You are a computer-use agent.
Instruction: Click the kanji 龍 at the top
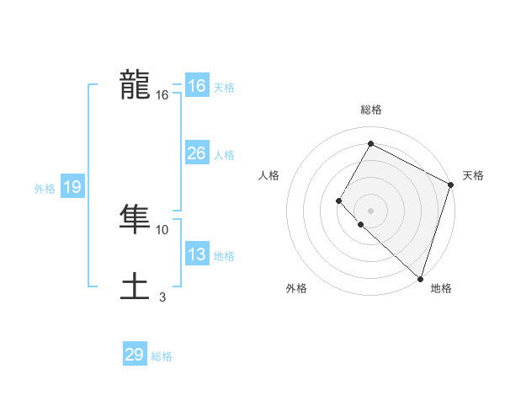135,86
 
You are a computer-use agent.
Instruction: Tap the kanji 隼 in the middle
135,220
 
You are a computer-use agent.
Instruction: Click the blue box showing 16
197,86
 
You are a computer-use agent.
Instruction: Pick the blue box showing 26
197,153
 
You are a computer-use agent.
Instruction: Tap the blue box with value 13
197,254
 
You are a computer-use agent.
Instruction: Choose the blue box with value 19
72,187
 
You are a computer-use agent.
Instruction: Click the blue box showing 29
135,355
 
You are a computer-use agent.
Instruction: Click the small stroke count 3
162,297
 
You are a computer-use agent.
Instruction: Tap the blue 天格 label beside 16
224,88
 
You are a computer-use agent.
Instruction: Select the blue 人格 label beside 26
224,155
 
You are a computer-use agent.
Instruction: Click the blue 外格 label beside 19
45,189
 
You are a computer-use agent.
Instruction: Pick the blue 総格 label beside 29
162,356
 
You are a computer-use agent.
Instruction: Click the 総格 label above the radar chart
370,110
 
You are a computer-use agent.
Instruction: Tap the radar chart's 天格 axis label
473,175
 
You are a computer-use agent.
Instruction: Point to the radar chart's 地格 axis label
441,288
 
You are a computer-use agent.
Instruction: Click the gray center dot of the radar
370,211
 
